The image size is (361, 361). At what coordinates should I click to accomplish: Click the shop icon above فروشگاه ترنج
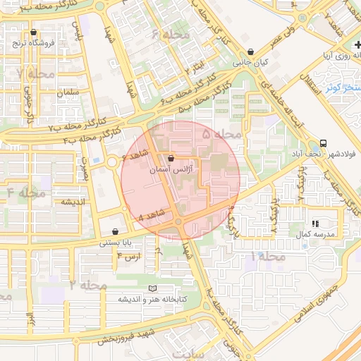tap(33, 32)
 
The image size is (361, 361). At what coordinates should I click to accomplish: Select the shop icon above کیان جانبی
tap(252, 51)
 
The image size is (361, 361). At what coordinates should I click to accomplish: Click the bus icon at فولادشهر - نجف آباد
tap(324, 142)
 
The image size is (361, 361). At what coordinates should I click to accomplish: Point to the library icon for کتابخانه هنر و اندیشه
tap(153, 288)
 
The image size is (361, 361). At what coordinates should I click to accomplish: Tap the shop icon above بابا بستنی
tap(115, 231)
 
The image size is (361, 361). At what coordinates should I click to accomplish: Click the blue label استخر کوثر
tap(343, 87)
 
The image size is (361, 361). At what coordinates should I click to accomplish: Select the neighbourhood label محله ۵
tap(221, 133)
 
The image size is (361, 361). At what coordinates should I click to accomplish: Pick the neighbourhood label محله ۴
tap(26, 192)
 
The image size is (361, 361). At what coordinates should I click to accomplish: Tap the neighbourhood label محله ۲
tap(88, 284)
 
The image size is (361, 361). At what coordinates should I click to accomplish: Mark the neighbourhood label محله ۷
tap(35, 73)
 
